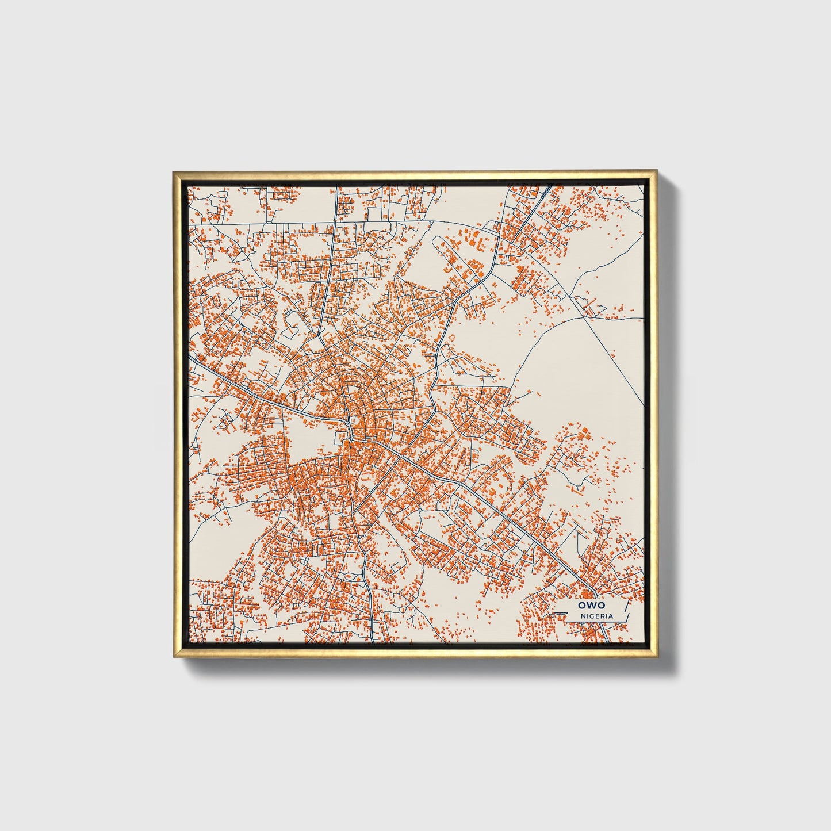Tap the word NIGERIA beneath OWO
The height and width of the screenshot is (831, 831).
coord(596,616)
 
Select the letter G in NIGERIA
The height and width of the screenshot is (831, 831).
coord(593,616)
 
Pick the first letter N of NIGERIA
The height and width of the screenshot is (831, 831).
coord(583,616)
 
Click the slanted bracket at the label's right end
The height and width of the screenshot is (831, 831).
coord(626,610)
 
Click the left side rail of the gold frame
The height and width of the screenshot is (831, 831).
coord(177,414)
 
